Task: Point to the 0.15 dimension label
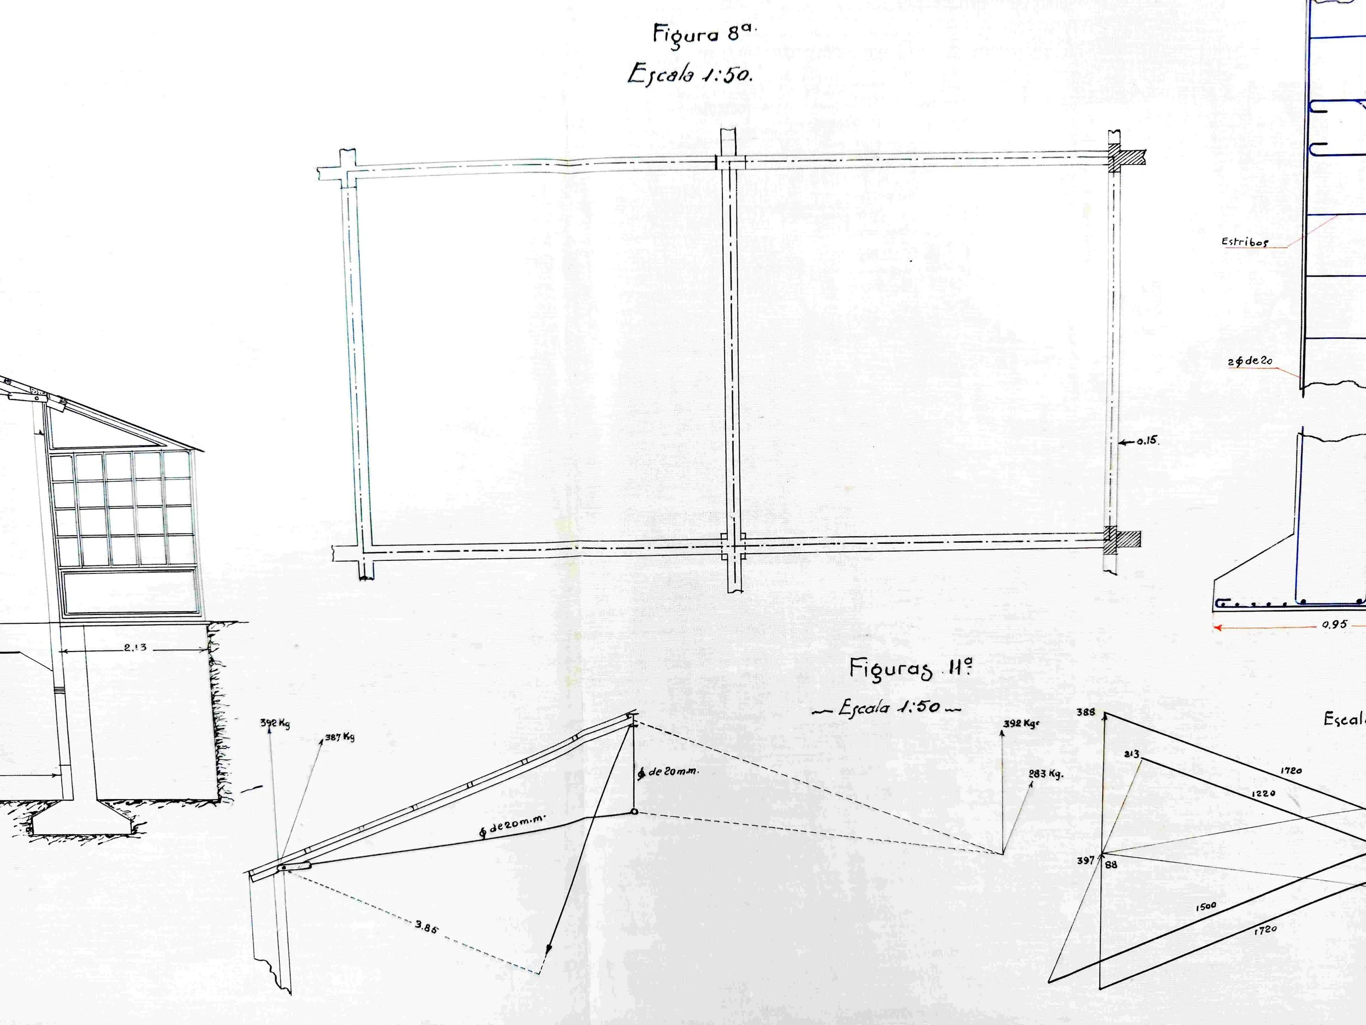click(x=1147, y=441)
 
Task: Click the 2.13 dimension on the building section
click(x=134, y=647)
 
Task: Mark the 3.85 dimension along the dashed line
click(x=426, y=927)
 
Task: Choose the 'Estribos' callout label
click(x=1244, y=242)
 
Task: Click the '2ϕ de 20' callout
click(x=1250, y=361)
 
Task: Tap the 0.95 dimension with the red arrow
click(x=1334, y=625)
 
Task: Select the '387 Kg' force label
click(x=340, y=737)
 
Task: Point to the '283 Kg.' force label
click(x=1045, y=774)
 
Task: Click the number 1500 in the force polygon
click(x=1205, y=906)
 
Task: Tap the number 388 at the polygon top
click(x=1086, y=712)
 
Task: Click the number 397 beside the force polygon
click(x=1085, y=859)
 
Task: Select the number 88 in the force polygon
click(x=1111, y=865)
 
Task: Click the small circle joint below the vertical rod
click(x=634, y=812)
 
